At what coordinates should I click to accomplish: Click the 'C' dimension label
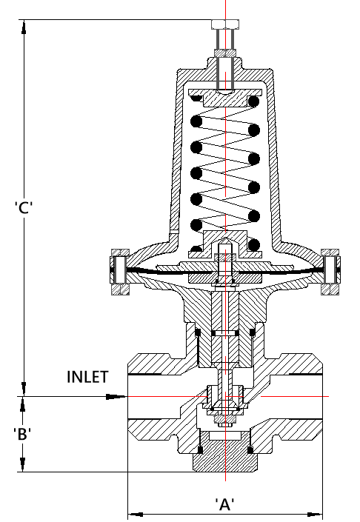click(x=24, y=207)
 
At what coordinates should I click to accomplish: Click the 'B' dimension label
click(x=22, y=434)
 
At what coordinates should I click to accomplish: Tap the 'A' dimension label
click(x=224, y=504)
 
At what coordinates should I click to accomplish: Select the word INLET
click(x=87, y=377)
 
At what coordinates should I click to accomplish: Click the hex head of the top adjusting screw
click(x=225, y=24)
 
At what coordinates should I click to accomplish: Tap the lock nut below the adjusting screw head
click(x=225, y=53)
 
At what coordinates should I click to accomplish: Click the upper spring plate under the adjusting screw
click(x=225, y=97)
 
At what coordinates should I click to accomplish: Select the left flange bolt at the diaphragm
click(x=120, y=272)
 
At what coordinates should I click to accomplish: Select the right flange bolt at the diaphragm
click(x=330, y=272)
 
